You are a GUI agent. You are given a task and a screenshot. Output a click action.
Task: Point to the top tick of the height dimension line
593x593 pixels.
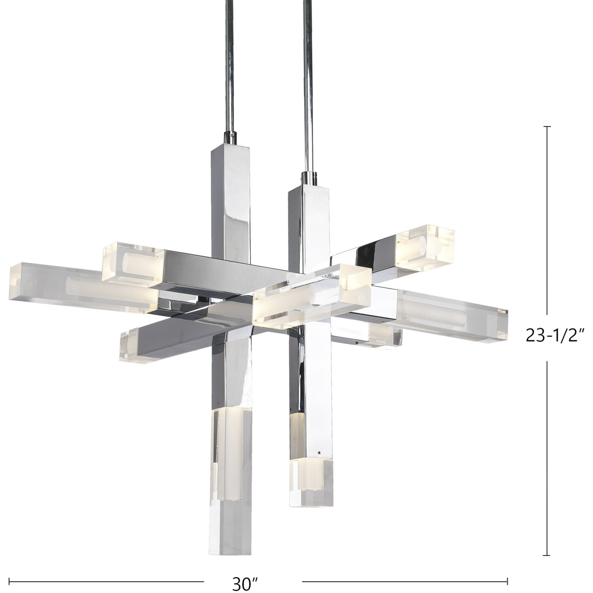548,127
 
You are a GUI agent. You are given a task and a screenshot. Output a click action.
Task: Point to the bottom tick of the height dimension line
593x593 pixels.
548,555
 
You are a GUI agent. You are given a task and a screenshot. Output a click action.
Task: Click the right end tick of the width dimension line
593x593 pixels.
507,571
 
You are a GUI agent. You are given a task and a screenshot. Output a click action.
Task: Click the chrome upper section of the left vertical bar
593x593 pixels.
229,194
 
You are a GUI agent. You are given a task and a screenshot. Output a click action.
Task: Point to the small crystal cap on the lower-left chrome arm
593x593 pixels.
129,344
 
